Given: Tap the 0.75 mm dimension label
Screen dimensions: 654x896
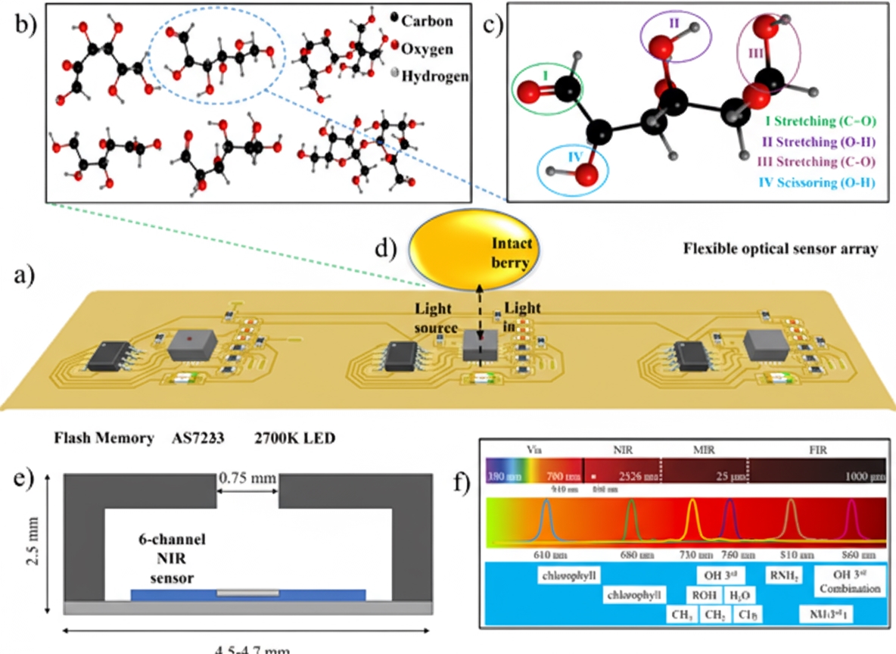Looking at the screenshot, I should click(x=248, y=479).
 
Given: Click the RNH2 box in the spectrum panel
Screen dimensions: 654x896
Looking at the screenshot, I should click(x=783, y=576).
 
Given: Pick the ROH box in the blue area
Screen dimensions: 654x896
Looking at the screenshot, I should click(x=705, y=596).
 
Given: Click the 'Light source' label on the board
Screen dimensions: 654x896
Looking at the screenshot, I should click(x=436, y=319).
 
